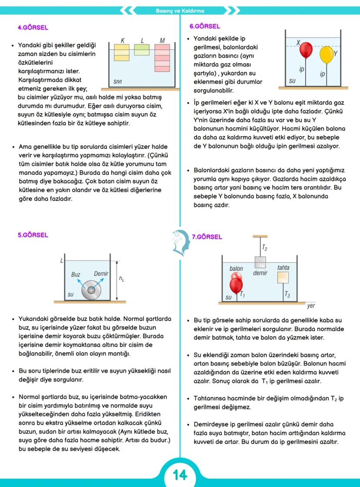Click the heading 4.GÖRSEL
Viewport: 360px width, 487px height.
[x=33, y=27]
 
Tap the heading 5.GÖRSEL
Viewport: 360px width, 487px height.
[x=33, y=235]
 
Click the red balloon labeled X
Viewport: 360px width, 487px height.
[x=306, y=50]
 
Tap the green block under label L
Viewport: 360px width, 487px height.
[x=142, y=50]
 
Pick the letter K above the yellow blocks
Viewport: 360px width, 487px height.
[x=123, y=41]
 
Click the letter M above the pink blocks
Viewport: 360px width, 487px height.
[x=162, y=41]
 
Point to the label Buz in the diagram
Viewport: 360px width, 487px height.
[x=76, y=275]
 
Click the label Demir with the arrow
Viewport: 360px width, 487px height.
[x=101, y=274]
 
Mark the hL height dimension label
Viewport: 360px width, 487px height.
[x=121, y=279]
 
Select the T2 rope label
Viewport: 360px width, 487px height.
[x=264, y=247]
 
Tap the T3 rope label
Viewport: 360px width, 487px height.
[x=287, y=295]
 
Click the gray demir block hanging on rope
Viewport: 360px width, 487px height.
[x=260, y=262]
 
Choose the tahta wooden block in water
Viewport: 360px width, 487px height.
[x=283, y=277]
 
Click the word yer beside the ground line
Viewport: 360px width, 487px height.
[x=311, y=306]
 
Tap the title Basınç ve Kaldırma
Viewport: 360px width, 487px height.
[x=180, y=10]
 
